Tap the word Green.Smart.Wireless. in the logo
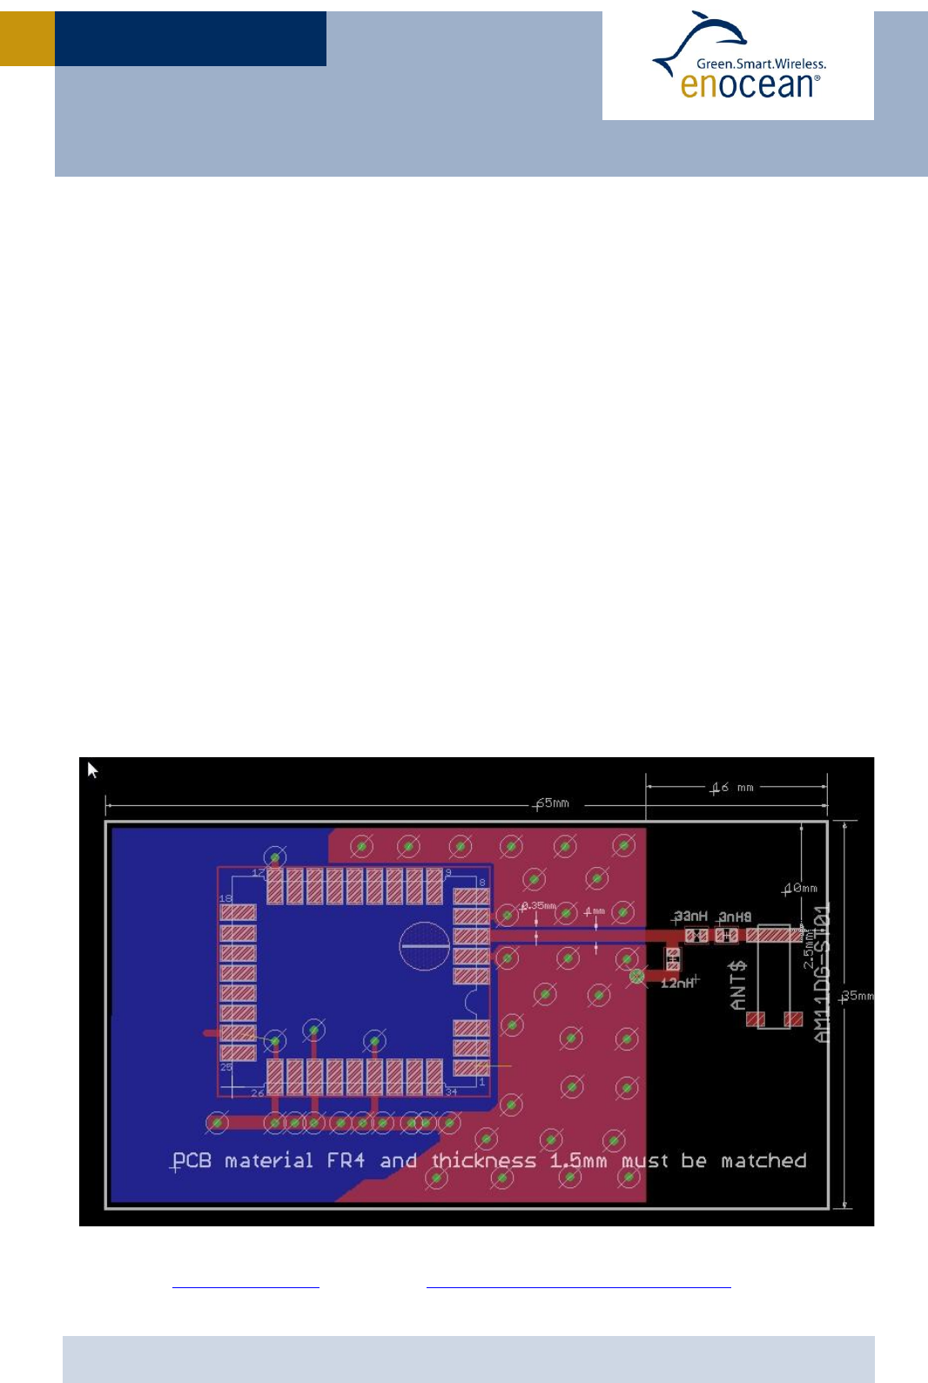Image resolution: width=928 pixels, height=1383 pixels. click(x=761, y=64)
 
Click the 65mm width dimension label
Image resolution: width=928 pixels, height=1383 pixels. click(x=553, y=802)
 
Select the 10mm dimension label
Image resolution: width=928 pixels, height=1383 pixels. click(x=801, y=888)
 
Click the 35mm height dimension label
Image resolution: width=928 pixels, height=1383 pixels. click(x=857, y=996)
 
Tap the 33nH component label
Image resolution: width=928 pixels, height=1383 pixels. click(x=691, y=916)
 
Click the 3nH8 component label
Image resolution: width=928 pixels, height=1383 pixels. click(x=736, y=916)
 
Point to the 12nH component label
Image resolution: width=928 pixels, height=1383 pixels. click(x=678, y=983)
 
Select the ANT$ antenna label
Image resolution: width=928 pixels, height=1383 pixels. click(x=738, y=985)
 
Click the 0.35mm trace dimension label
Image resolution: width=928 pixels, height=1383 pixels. click(x=539, y=906)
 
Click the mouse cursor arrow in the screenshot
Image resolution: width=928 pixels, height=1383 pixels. click(x=92, y=769)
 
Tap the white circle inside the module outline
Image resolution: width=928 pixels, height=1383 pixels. click(x=425, y=945)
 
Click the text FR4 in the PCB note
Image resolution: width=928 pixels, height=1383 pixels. click(x=346, y=1160)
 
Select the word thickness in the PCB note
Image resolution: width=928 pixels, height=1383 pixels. click(x=484, y=1160)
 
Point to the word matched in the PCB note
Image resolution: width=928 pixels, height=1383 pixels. click(x=763, y=1160)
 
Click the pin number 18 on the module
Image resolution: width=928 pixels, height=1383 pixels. click(x=225, y=898)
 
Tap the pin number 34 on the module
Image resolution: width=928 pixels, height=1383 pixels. click(x=451, y=1091)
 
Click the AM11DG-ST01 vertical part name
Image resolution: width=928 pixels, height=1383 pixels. click(x=823, y=972)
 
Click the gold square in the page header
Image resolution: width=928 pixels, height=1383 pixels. click(x=27, y=38)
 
